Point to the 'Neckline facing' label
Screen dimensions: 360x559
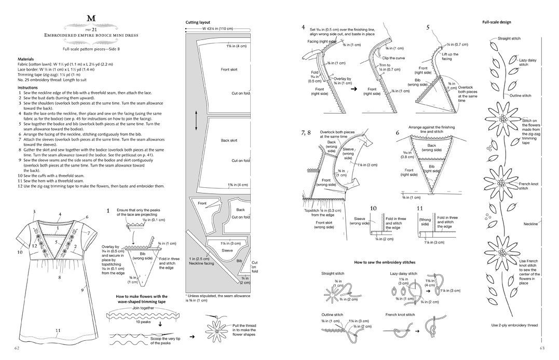pyautogui.click(x=203, y=262)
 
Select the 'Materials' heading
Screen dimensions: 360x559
pyautogui.click(x=26, y=59)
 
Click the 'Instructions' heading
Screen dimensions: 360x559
pyautogui.click(x=28, y=88)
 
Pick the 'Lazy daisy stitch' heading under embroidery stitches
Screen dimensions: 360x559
pyautogui.click(x=403, y=273)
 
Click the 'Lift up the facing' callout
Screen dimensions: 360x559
pyautogui.click(x=450, y=57)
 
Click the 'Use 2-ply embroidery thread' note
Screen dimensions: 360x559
pyautogui.click(x=514, y=325)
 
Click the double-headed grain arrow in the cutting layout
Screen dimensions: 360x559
pyautogui.click(x=196, y=120)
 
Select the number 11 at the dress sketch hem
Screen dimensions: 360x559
pyautogui.click(x=58, y=330)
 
